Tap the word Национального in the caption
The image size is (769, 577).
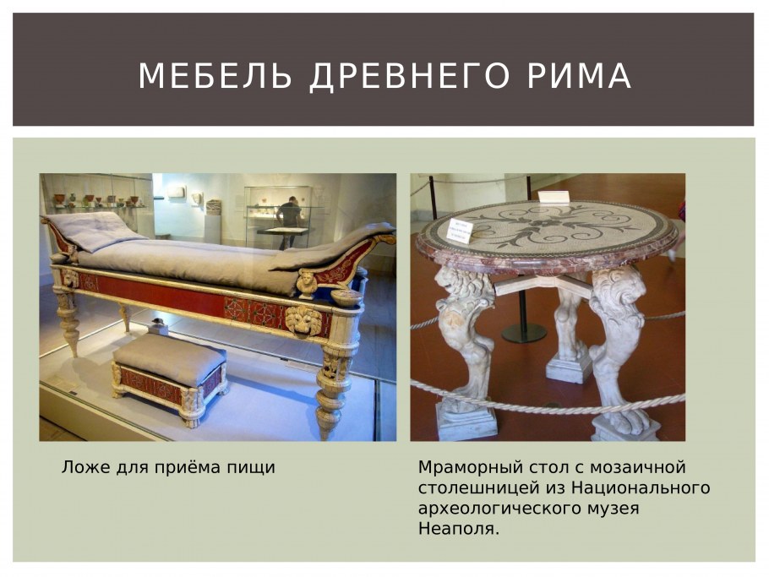(640, 488)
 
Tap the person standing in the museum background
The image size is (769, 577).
(290, 221)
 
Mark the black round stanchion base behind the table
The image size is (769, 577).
(523, 334)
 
